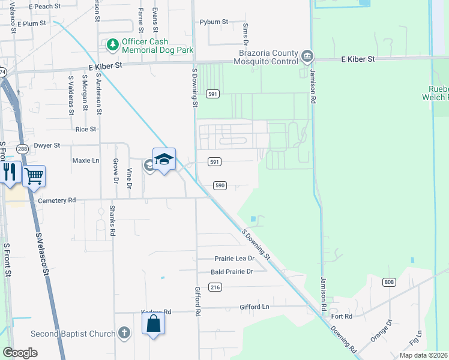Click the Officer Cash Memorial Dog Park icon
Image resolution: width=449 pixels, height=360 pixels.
pyautogui.click(x=112, y=44)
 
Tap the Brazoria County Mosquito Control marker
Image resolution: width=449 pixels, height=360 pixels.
pyautogui.click(x=307, y=56)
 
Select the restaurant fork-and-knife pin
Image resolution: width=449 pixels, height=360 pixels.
pyautogui.click(x=9, y=173)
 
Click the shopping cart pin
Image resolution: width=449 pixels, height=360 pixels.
pyautogui.click(x=34, y=176)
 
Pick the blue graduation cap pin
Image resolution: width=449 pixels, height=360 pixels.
pyautogui.click(x=164, y=160)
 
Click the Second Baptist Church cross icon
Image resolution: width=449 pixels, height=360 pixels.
pyautogui.click(x=124, y=333)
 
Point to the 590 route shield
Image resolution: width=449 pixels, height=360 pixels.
pyautogui.click(x=220, y=185)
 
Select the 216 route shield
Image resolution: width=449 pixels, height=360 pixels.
pyautogui.click(x=215, y=287)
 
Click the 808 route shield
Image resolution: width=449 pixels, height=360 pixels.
pyautogui.click(x=389, y=282)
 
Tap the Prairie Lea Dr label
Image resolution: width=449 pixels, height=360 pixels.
pyautogui.click(x=235, y=259)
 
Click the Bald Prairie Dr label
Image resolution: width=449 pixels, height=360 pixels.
pyautogui.click(x=232, y=272)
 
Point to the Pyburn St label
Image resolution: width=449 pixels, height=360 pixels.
pyautogui.click(x=214, y=22)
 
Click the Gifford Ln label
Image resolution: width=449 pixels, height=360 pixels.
pyautogui.click(x=254, y=307)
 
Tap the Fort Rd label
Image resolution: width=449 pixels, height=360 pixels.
pyautogui.click(x=341, y=316)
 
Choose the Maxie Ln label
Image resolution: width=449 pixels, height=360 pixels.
pyautogui.click(x=86, y=161)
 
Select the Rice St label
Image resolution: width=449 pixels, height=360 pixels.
pyautogui.click(x=86, y=129)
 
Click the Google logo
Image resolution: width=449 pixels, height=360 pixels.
pyautogui.click(x=20, y=352)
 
